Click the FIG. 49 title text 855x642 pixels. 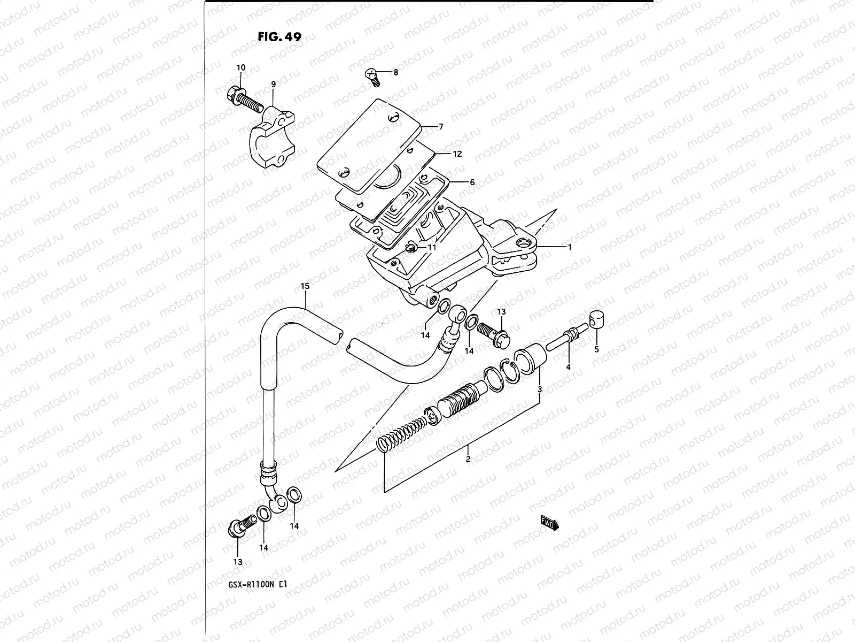(x=279, y=37)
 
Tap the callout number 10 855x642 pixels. (x=240, y=68)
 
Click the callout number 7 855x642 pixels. (x=440, y=127)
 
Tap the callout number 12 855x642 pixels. (x=457, y=154)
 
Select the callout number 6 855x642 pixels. (x=472, y=182)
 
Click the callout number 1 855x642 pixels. (x=570, y=247)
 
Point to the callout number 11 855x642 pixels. (x=431, y=248)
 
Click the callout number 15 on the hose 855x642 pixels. (x=305, y=287)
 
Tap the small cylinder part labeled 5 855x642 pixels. (x=597, y=321)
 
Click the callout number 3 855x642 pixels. (x=540, y=389)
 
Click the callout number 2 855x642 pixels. (x=468, y=459)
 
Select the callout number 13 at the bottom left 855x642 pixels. (x=238, y=562)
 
